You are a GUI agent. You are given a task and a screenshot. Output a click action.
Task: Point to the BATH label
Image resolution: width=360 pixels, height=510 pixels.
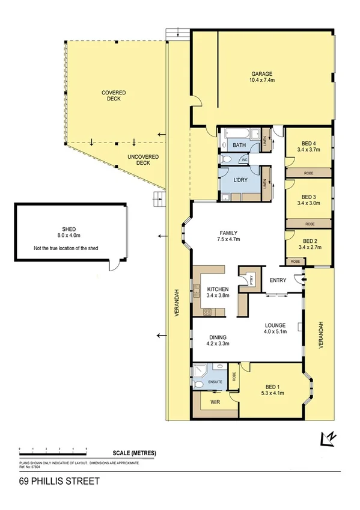(239, 146)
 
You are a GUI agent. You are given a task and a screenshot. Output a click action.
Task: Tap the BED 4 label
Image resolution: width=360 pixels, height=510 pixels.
(309, 145)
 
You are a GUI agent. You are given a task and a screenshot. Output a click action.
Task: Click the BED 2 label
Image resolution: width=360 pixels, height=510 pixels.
(309, 243)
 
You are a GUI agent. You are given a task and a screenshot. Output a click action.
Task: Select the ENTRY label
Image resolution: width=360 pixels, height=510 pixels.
(278, 280)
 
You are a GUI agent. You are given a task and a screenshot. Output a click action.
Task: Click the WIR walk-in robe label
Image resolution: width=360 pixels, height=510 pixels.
(215, 403)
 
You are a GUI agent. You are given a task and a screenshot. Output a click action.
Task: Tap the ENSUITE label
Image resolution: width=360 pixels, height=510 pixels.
(215, 382)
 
